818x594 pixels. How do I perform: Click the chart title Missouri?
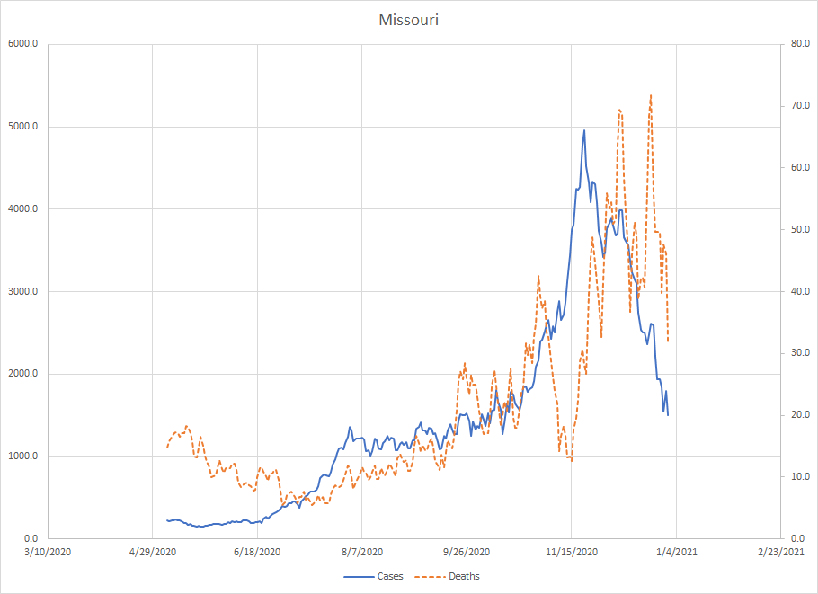408,20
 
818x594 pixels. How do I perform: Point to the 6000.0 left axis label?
22,44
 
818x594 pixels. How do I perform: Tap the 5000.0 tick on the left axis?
22,127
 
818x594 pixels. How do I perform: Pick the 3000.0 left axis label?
22,291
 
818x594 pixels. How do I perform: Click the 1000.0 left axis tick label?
22,456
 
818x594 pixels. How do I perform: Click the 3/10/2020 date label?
47,551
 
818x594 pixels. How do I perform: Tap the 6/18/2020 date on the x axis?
257,551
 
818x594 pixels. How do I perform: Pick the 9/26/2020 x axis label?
467,551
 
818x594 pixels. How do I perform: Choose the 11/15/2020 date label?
572,551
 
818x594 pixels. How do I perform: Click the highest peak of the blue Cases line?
584,130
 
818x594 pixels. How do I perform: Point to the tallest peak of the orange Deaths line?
650,95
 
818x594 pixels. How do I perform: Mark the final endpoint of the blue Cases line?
668,415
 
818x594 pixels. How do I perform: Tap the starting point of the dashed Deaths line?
167,448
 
